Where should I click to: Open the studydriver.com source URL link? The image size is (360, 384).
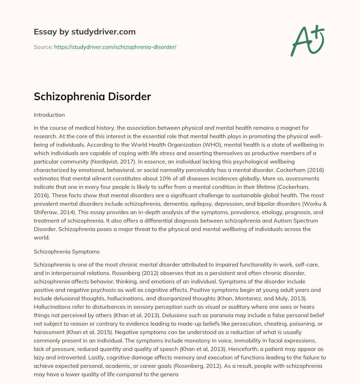click(x=115, y=47)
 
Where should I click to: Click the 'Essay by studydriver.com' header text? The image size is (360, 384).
click(x=84, y=32)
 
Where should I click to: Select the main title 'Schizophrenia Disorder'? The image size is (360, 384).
click(x=92, y=97)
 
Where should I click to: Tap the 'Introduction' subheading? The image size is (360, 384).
click(x=49, y=115)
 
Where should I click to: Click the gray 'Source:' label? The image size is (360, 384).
click(x=43, y=47)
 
